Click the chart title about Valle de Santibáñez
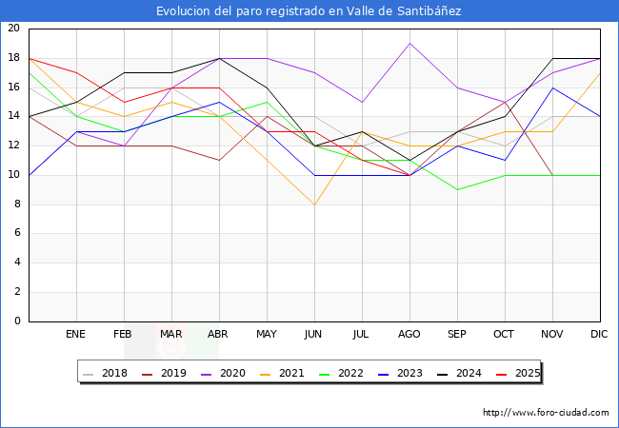click(x=309, y=10)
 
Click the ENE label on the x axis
click(x=76, y=335)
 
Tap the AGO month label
click(x=409, y=335)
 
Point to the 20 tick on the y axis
click(x=13, y=29)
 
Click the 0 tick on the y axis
click(x=17, y=321)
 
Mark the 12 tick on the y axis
click(x=13, y=146)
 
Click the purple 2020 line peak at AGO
click(x=409, y=43)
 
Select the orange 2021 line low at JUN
click(x=314, y=204)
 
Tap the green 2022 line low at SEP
click(x=457, y=189)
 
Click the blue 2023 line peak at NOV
click(x=552, y=88)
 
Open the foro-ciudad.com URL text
click(x=546, y=413)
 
